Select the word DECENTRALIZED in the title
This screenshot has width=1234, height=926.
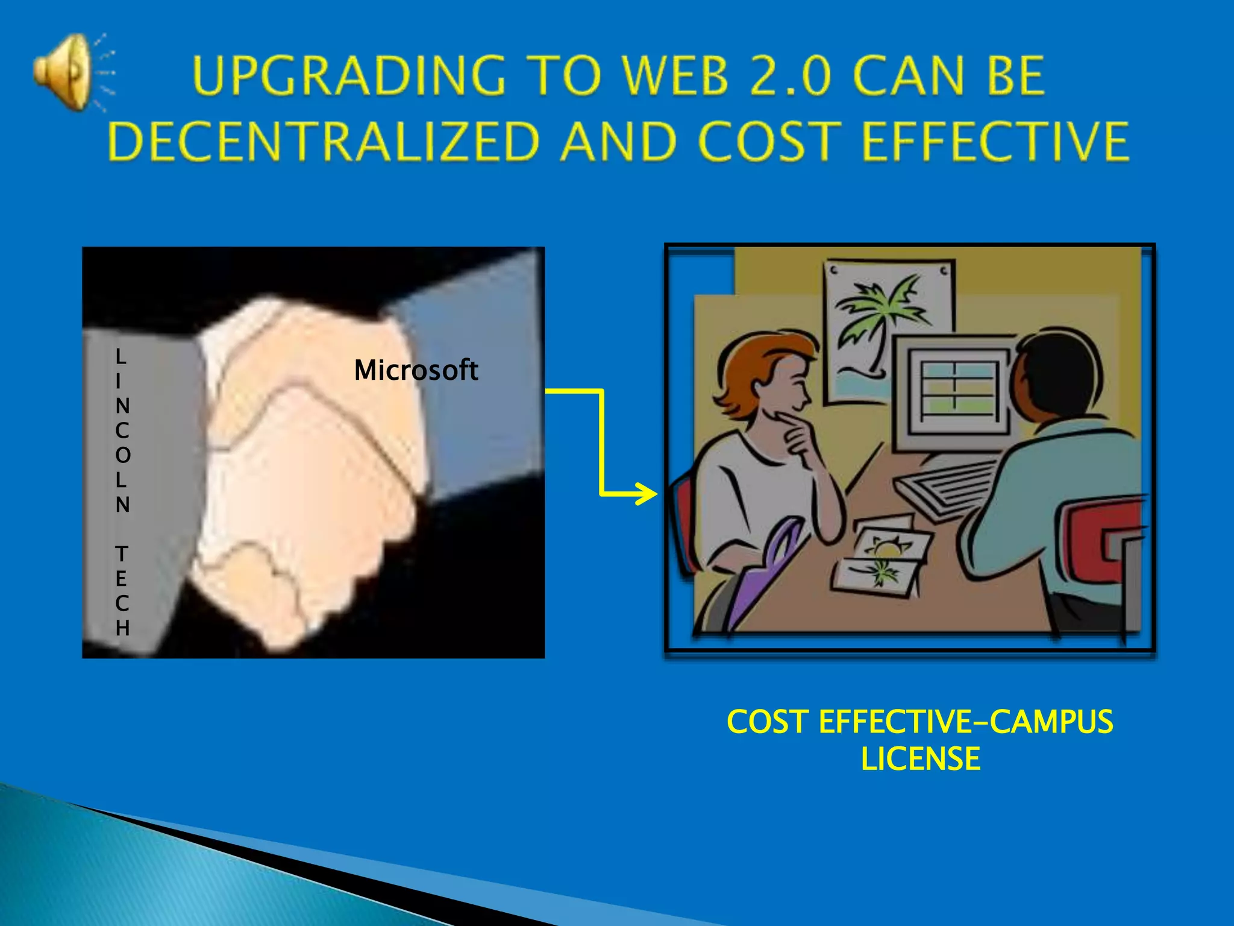pos(323,141)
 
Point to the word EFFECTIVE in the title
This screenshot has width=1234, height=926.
pos(995,141)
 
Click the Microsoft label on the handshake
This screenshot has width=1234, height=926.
pos(416,370)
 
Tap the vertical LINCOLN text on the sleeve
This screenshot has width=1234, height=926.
pos(122,430)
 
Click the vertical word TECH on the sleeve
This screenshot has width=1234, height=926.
pos(122,591)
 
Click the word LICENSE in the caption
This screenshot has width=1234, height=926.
pos(920,758)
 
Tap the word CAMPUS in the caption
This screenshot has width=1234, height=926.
pos(1051,722)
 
